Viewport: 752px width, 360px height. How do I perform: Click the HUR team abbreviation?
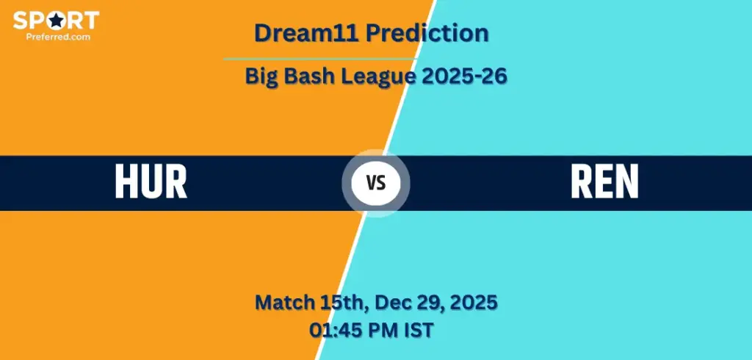(151, 182)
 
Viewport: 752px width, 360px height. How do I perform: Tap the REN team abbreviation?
(604, 182)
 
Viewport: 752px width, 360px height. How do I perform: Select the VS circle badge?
(376, 183)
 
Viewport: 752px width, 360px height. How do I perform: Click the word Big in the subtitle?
(262, 76)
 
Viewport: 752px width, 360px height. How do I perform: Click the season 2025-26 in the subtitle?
(464, 76)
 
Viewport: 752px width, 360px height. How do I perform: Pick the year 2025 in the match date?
(471, 302)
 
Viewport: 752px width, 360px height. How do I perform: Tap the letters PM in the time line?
(385, 330)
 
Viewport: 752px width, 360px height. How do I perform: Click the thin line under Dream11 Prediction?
(320, 59)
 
